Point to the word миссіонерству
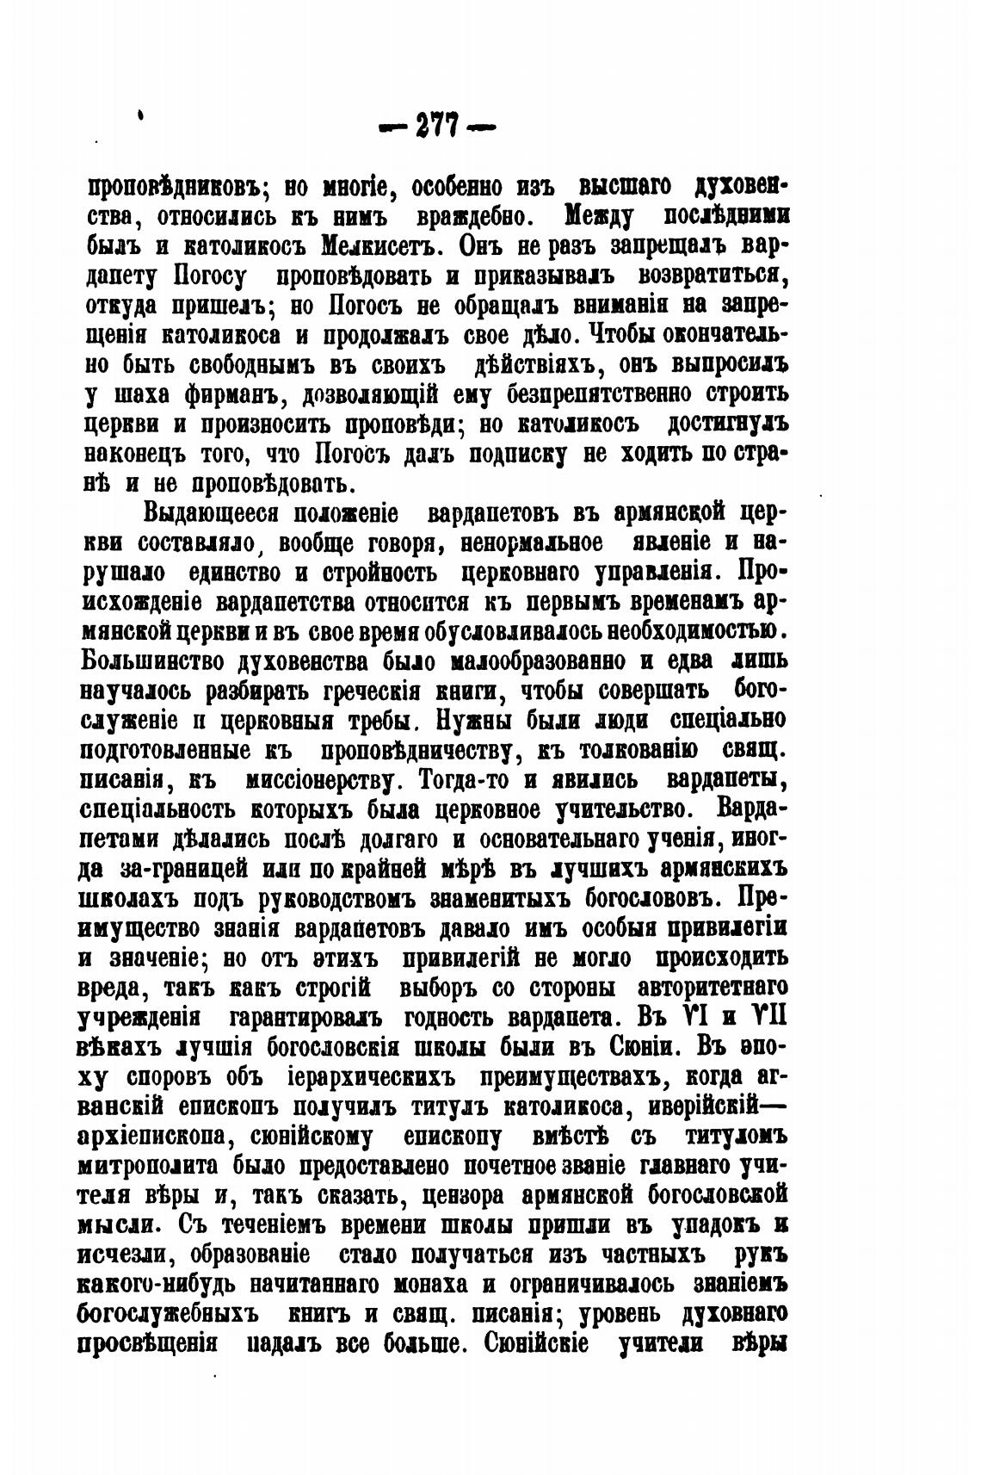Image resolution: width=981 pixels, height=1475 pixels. [x=319, y=781]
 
